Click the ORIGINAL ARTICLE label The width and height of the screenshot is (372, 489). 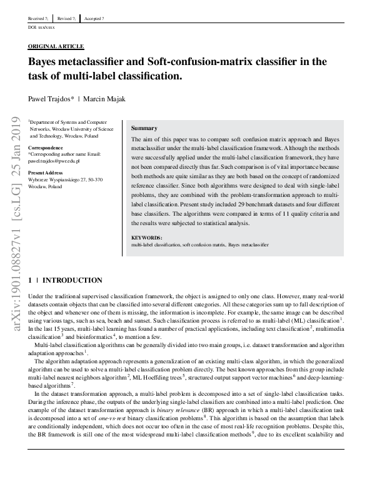tap(56, 47)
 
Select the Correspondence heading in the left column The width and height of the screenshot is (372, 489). tap(45, 147)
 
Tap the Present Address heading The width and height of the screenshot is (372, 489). tap(46, 173)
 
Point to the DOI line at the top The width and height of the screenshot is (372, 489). tap(42, 28)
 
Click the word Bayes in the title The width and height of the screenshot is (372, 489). tap(46, 62)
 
